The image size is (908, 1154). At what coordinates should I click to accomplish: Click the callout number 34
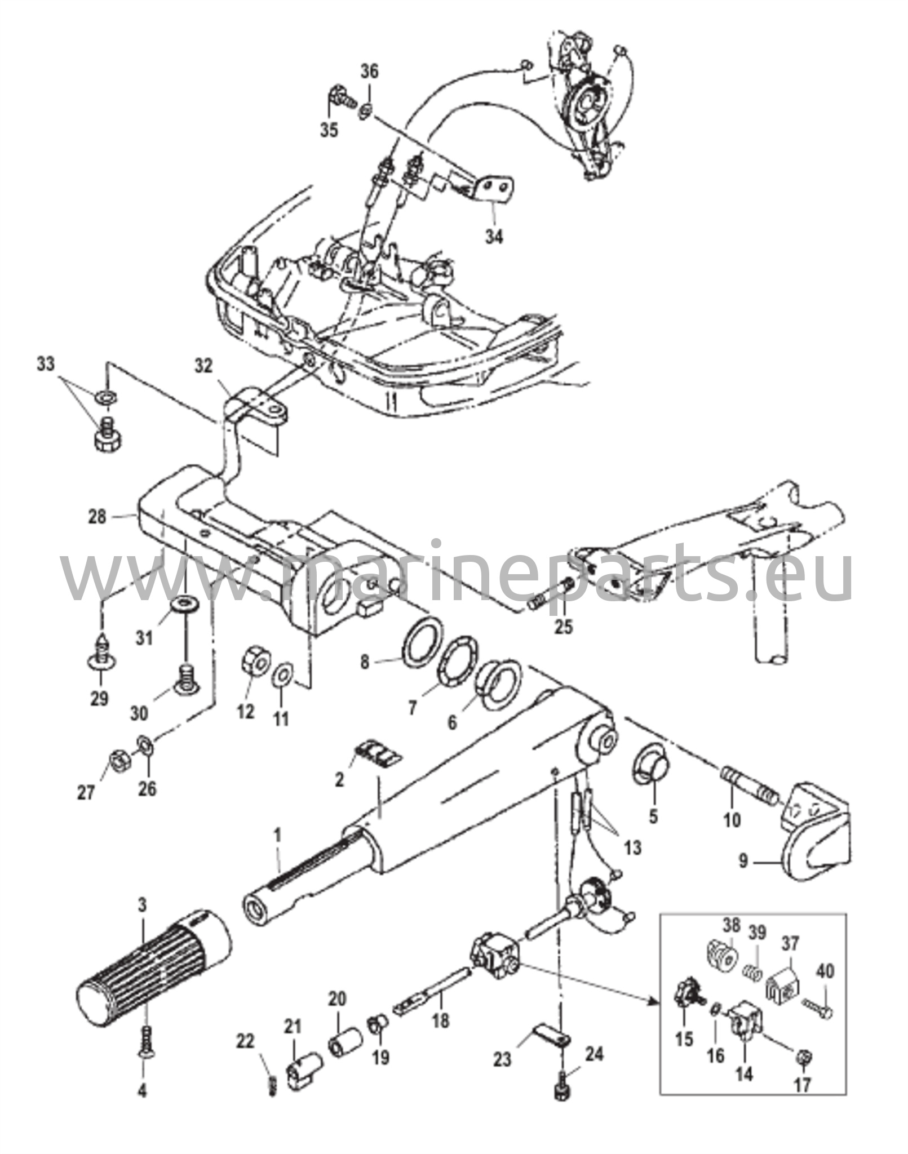pyautogui.click(x=494, y=237)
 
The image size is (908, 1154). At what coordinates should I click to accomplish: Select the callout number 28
pyautogui.click(x=97, y=516)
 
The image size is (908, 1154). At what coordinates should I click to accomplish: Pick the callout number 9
pyautogui.click(x=743, y=877)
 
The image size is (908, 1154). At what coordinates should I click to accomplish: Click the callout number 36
pyautogui.click(x=370, y=72)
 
